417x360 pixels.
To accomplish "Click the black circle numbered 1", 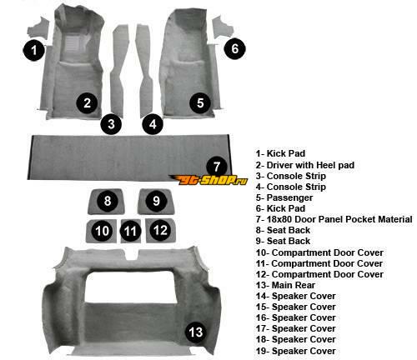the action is [x=34, y=50].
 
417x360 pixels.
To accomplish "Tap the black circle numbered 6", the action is [x=235, y=48].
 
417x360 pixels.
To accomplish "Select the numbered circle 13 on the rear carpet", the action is [x=196, y=332].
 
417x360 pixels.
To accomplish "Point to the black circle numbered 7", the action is [x=217, y=167].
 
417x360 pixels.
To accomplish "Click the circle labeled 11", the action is [x=130, y=231].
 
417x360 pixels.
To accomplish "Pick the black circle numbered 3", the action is [x=111, y=124].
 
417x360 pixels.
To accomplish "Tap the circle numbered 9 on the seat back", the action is [x=156, y=201].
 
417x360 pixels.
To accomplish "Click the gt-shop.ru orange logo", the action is [x=208, y=180].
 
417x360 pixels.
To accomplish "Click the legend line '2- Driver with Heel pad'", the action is [x=305, y=165].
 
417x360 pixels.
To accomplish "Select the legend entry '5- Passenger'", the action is [x=284, y=197].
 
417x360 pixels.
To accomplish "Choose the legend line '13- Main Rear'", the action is [x=285, y=285].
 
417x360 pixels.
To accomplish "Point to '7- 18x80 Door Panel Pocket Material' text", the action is [x=334, y=219].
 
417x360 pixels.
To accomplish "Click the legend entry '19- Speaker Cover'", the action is [x=295, y=351].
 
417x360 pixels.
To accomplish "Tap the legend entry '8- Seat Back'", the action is [x=283, y=230].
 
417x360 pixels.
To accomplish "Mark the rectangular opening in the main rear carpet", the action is [x=132, y=287].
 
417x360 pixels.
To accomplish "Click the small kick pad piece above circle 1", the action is [x=38, y=27].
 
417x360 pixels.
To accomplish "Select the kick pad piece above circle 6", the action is [x=222, y=27].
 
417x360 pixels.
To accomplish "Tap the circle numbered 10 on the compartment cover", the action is [x=102, y=231].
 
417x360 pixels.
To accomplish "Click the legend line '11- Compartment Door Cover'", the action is [x=319, y=263].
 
